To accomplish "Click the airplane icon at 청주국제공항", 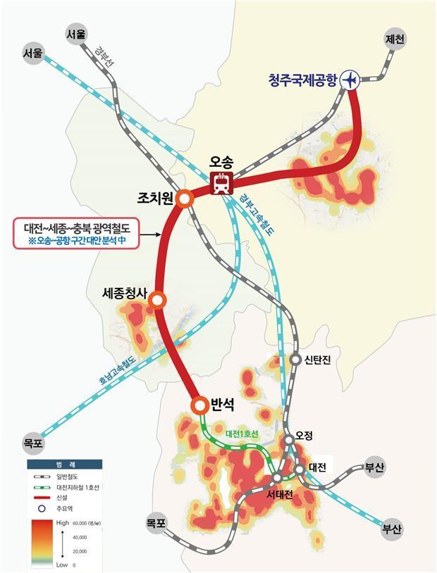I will tap(350, 80).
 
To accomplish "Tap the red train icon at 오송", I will tap(221, 183).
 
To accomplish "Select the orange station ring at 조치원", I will tap(185, 199).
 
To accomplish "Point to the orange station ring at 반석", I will tap(199, 405).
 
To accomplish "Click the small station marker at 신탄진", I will tap(295, 359).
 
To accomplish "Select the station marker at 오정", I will tap(289, 440).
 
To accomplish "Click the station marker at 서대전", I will tap(276, 479).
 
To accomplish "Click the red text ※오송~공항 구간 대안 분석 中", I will tap(79, 240).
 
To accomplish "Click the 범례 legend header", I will tap(64, 465).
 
